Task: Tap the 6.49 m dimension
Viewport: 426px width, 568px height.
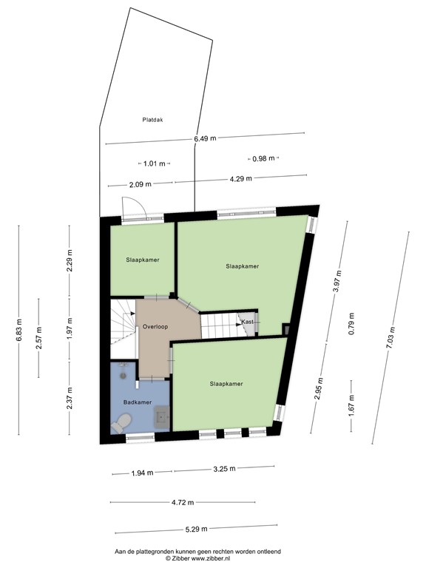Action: coord(205,138)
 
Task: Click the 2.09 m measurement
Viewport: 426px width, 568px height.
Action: coord(140,184)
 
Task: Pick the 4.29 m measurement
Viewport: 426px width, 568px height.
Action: coord(240,178)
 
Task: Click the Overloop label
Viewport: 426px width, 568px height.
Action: coord(156,326)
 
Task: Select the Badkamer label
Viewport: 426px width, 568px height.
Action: coord(138,402)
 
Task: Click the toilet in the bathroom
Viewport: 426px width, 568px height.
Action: coord(121,422)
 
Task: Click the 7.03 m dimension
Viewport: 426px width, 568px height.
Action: coord(390,337)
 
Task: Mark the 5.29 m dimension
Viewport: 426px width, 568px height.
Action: coord(196,529)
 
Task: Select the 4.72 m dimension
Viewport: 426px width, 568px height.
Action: coord(183,503)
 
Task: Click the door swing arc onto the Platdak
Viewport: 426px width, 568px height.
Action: coord(135,206)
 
